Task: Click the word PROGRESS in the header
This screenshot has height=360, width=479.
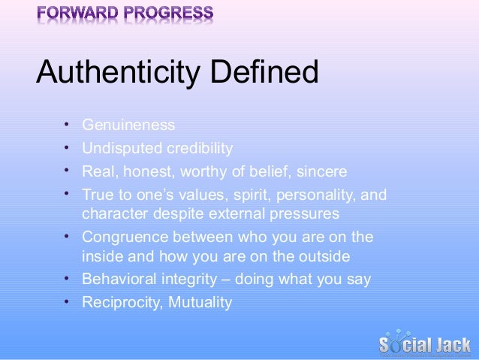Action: (171, 14)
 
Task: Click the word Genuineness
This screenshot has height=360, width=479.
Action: (128, 125)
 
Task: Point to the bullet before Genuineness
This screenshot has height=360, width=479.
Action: (67, 123)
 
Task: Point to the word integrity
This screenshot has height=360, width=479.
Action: (193, 280)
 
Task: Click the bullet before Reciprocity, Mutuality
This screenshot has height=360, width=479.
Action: (67, 301)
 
